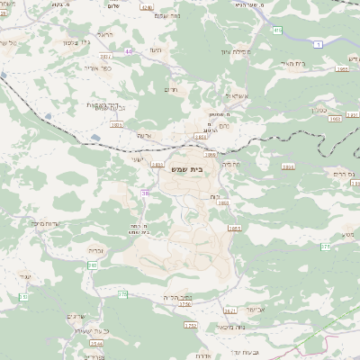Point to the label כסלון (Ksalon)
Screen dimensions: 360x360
[338, 106]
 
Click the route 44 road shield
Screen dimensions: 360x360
[130, 51]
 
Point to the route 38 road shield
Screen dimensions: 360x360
[145, 193]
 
